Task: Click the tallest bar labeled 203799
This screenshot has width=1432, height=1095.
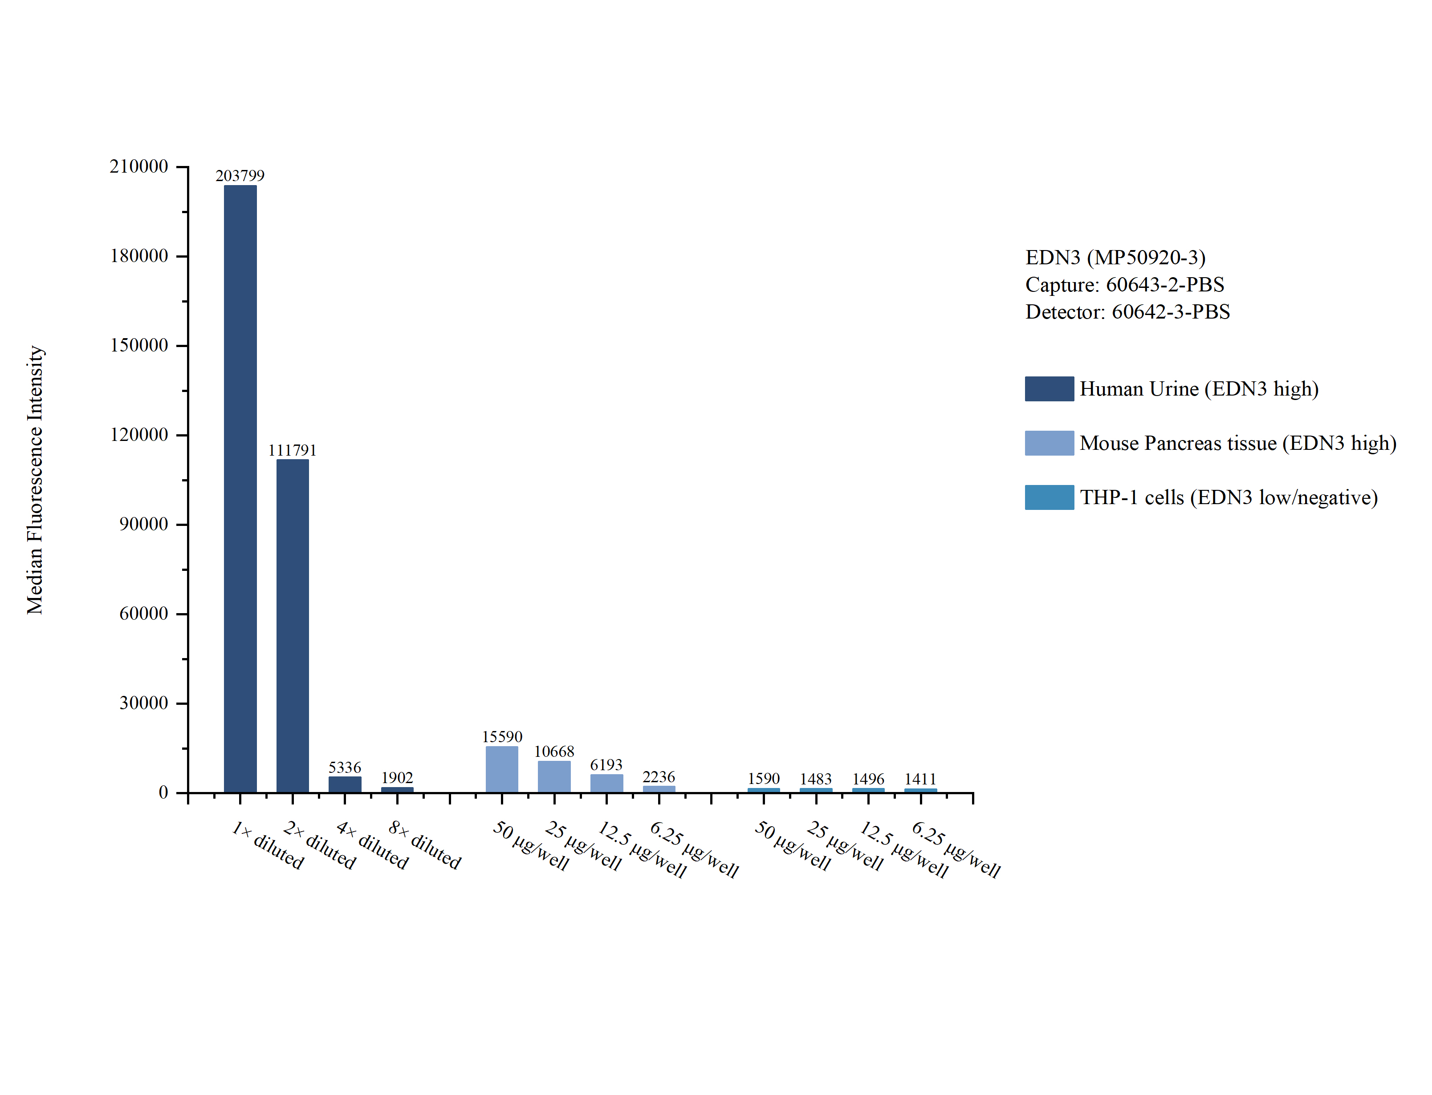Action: (x=240, y=489)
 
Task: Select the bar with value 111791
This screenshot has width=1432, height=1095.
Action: (x=292, y=626)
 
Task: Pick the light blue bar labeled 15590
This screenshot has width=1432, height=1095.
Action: (x=501, y=769)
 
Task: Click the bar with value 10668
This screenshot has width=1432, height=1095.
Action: (x=553, y=776)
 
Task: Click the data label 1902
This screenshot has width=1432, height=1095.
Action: (x=397, y=778)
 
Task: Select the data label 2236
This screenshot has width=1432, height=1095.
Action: (x=659, y=777)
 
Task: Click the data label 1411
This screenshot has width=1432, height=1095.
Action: (x=920, y=779)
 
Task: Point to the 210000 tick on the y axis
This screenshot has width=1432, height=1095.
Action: (x=139, y=167)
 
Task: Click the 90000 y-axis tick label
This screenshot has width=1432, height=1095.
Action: (x=143, y=525)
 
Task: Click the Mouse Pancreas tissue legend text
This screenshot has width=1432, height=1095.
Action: (x=1237, y=443)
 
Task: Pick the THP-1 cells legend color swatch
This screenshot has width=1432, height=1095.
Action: (x=1049, y=497)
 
